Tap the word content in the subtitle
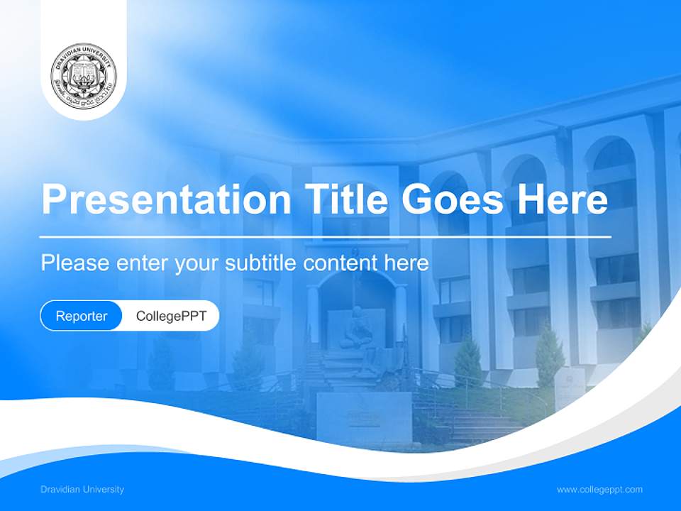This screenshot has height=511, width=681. [340, 263]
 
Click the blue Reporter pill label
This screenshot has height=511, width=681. [82, 316]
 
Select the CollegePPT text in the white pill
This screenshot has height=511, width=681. [171, 316]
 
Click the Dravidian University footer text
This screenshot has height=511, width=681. [82, 489]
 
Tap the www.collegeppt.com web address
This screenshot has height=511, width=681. [599, 489]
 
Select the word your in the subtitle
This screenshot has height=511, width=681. [198, 263]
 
